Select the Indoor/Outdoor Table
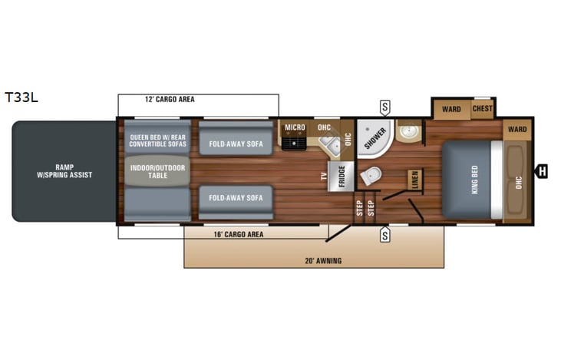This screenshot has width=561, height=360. [157, 170]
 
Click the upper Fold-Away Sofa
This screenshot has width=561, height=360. [236, 143]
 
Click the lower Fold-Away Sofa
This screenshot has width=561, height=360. [236, 197]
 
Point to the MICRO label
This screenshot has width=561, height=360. [295, 127]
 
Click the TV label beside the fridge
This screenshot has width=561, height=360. [324, 177]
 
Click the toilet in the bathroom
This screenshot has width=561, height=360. [371, 177]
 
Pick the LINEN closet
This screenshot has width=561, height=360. [414, 180]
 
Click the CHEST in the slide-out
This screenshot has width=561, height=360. [483, 109]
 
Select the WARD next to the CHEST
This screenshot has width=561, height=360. [451, 109]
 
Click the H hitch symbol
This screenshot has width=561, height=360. [542, 171]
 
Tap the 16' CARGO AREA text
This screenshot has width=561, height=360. [238, 234]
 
